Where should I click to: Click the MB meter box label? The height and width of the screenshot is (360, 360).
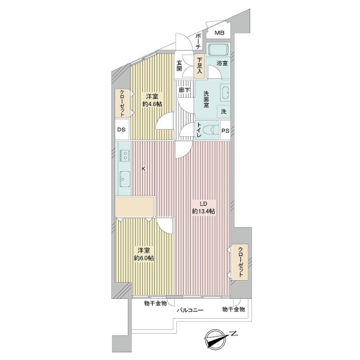click(219, 33)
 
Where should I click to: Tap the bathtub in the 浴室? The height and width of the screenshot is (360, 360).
click(218, 49)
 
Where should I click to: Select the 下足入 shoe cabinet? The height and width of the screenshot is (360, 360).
click(199, 65)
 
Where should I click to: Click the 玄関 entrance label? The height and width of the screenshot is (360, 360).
click(179, 65)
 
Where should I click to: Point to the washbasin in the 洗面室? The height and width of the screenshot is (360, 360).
click(225, 92)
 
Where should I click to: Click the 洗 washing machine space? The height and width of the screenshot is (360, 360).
click(223, 112)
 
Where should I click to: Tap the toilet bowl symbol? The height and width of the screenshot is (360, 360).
click(211, 130)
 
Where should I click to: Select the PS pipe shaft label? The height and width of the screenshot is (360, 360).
click(225, 131)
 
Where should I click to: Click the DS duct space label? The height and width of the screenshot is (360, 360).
click(121, 130)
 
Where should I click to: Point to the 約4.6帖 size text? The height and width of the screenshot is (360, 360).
click(152, 104)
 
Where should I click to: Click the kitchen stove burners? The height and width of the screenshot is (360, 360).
click(125, 155)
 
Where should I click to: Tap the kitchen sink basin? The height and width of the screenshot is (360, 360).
click(125, 178)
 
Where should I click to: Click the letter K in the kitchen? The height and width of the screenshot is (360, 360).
click(143, 169)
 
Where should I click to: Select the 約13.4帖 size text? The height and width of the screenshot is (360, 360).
click(203, 211)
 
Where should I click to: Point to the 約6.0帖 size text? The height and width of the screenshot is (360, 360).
click(144, 258)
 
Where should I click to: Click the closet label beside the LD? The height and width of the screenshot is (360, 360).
click(241, 262)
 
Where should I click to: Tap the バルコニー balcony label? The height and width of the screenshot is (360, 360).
click(190, 310)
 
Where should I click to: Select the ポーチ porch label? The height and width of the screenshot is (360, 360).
click(199, 41)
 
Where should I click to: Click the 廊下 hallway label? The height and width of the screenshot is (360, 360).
click(184, 90)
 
